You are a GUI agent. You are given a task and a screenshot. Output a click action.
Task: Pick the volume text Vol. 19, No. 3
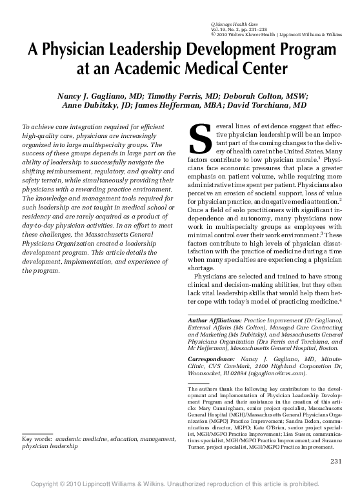pos(221,30)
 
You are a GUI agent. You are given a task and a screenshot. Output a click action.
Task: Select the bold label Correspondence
pos(212,357)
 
